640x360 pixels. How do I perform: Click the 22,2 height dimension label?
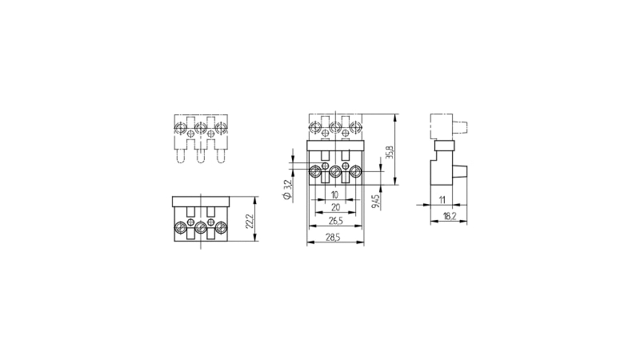coord(250,221)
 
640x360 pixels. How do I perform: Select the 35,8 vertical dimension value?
coord(390,151)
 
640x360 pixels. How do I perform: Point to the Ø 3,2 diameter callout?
coord(287,190)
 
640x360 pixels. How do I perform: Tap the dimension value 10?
coord(334,195)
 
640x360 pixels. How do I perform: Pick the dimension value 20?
coord(335,208)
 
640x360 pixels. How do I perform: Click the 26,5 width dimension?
coord(335,221)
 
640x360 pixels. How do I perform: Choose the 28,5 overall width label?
coord(333,238)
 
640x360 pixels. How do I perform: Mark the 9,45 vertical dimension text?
coord(376,202)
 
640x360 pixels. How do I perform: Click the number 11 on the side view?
coord(442,200)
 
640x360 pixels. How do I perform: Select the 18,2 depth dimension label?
coord(450,216)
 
